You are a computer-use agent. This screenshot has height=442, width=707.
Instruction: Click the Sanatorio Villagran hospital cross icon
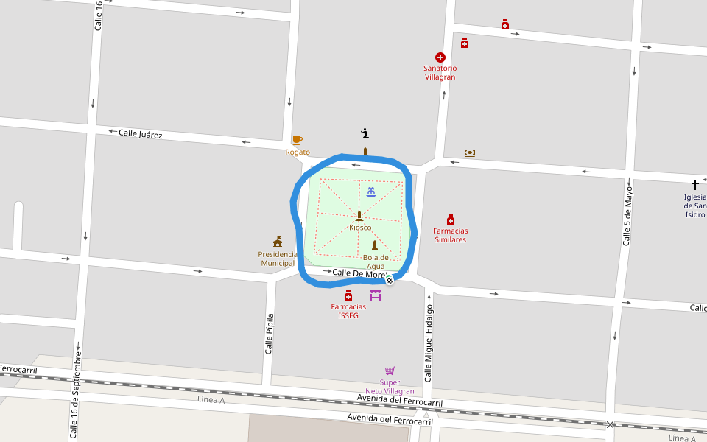(440, 57)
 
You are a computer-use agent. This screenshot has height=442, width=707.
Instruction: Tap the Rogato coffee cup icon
(297, 140)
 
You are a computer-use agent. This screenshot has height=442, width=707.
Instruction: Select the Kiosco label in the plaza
(360, 228)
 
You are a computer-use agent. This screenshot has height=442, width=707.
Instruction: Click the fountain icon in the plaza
(370, 192)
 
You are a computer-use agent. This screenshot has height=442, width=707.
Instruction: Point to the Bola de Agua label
(376, 262)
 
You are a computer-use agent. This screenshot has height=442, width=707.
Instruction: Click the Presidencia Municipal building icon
(278, 242)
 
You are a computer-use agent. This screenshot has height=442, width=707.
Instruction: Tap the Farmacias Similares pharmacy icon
(451, 220)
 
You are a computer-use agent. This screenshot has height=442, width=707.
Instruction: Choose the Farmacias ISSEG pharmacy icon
(348, 295)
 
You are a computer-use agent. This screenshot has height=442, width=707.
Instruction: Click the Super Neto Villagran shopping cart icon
(390, 371)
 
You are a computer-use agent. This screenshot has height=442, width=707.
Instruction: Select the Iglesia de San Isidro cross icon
(694, 184)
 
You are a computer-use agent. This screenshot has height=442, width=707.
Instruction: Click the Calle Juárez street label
(141, 134)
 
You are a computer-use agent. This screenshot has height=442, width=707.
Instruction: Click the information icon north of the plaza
(365, 133)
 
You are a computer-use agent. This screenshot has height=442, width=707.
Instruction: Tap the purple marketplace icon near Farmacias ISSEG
(376, 295)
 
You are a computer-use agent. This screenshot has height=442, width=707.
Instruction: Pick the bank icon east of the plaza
(470, 153)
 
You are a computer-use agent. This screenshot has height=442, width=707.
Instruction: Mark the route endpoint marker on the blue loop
(389, 280)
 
